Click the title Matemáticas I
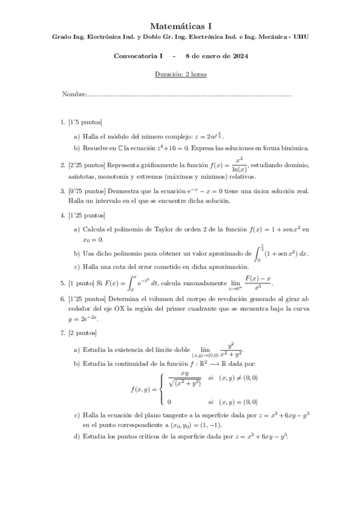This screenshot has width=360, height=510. pyautogui.click(x=180, y=26)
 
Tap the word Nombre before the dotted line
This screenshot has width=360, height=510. pyautogui.click(x=74, y=94)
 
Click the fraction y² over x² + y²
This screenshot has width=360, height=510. pyautogui.click(x=231, y=350)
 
